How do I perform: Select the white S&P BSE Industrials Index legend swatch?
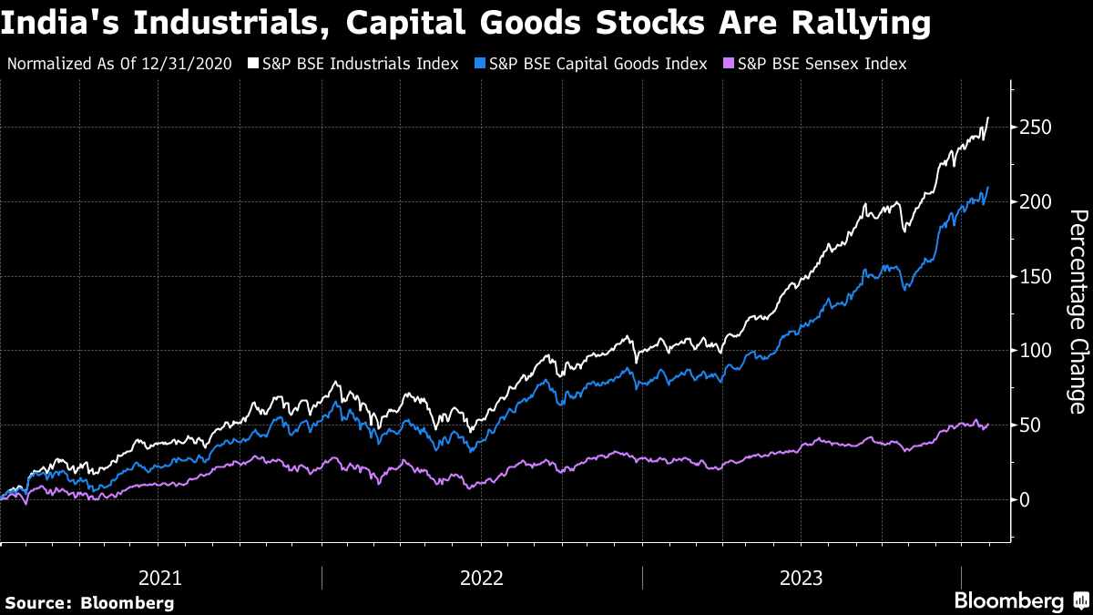[x=254, y=64]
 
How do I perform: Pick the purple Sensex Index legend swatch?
[x=730, y=64]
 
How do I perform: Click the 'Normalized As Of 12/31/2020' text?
[x=125, y=64]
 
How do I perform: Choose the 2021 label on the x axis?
[x=160, y=578]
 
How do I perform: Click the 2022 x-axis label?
[x=482, y=578]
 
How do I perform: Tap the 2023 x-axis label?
[x=802, y=578]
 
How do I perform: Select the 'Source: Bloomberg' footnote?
[x=88, y=602]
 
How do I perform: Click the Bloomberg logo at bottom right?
[x=1019, y=600]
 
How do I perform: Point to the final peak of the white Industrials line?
[x=988, y=118]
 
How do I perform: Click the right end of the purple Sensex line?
[x=988, y=425]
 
